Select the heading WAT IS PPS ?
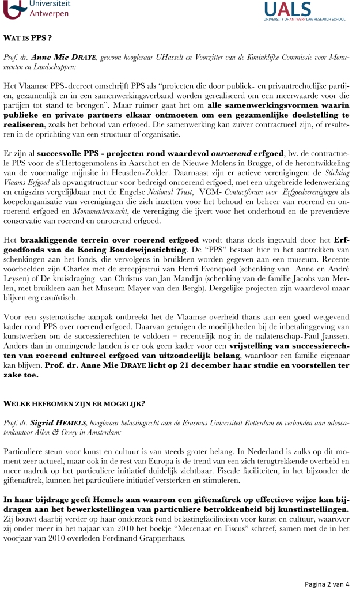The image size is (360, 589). click(x=28, y=39)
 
